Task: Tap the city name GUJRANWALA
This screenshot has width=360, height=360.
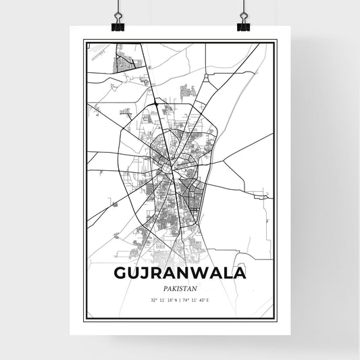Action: [180, 273]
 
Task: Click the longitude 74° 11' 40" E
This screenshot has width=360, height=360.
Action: [198, 299]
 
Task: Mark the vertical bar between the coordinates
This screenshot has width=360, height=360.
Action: [180, 299]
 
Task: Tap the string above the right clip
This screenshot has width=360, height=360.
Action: [243, 7]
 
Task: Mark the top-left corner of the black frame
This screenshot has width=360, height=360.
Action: [85, 41]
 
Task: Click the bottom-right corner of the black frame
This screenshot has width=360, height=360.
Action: [275, 318]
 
